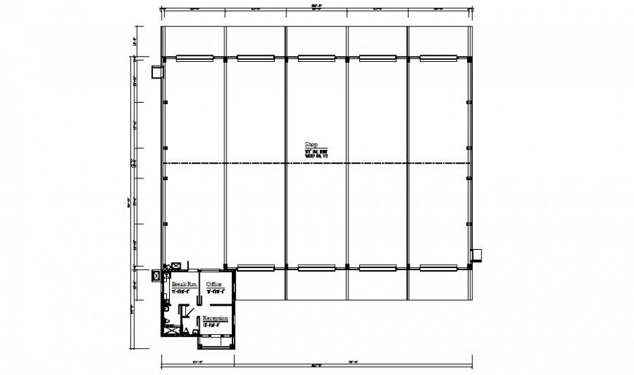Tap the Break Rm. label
point(184,284)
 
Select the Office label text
point(214,284)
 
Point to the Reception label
point(216,319)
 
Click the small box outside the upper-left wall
point(156,71)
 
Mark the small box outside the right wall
point(477,254)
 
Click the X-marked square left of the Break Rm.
point(157,275)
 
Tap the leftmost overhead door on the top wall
point(194,58)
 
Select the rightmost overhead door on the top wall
point(438,58)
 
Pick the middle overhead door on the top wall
point(316,58)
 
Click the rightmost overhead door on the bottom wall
point(438,267)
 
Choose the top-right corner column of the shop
point(469,58)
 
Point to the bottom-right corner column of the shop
point(469,267)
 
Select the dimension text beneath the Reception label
point(214,326)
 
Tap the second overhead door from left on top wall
point(254,58)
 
